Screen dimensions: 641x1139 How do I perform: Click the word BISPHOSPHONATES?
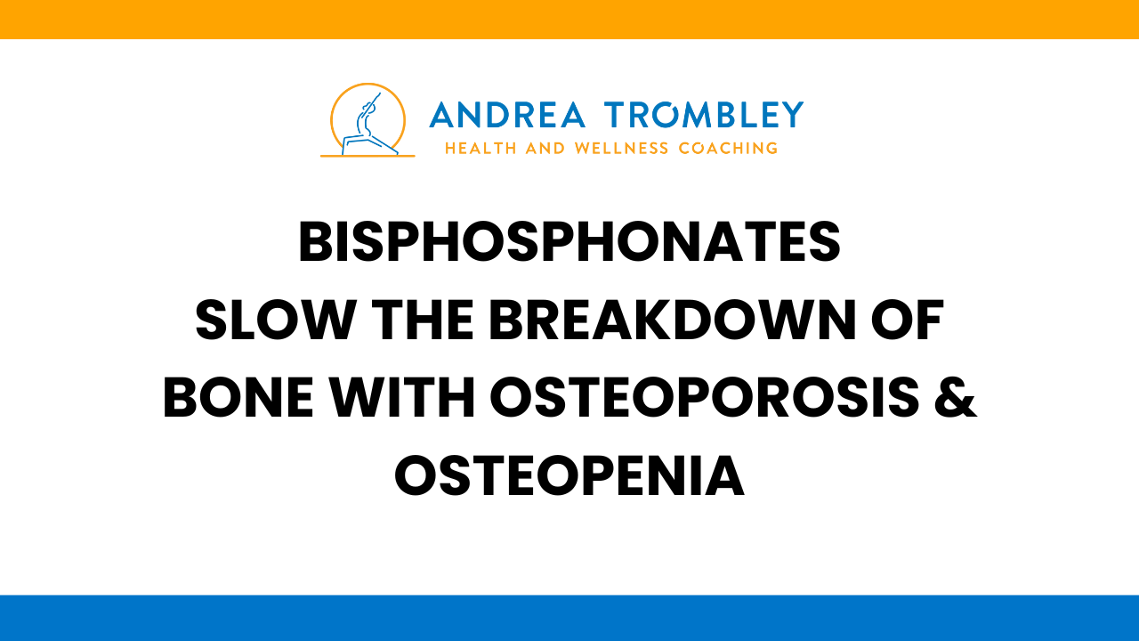click(x=569, y=242)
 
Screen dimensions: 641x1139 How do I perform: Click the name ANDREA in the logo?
click(x=508, y=115)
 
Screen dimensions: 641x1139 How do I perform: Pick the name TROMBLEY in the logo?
click(x=703, y=115)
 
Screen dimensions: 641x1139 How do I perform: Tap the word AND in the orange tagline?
click(x=545, y=148)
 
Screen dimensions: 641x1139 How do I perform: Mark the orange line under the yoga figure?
click(x=368, y=156)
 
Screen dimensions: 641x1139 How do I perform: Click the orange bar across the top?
click(x=569, y=19)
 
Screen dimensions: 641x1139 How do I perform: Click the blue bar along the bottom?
click(x=569, y=618)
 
